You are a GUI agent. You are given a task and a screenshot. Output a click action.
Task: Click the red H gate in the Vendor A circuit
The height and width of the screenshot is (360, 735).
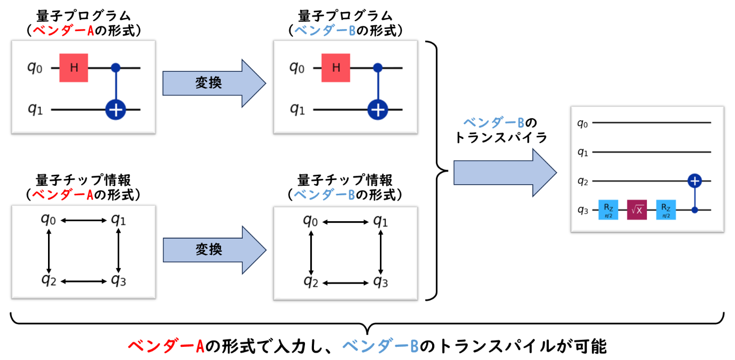(73, 68)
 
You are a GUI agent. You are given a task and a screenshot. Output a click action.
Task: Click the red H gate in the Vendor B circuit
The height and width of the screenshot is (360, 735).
(336, 68)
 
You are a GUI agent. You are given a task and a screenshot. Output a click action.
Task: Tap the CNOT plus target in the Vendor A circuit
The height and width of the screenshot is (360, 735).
(115, 109)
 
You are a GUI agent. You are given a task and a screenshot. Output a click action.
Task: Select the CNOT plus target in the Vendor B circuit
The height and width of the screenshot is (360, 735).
(377, 109)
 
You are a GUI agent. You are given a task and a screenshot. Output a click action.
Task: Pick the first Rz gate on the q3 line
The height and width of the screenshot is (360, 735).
(608, 210)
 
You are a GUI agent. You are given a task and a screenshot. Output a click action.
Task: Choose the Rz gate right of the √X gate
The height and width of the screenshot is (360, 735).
(666, 210)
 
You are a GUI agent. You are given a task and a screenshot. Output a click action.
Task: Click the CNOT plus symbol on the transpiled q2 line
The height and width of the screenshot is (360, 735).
(695, 181)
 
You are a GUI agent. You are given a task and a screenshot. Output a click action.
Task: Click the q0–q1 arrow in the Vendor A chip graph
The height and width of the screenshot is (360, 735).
(83, 221)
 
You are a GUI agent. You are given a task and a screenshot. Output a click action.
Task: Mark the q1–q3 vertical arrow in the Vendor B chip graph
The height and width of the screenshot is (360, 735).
(381, 251)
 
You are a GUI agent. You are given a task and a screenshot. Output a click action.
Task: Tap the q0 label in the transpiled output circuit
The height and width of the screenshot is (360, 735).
(583, 124)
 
